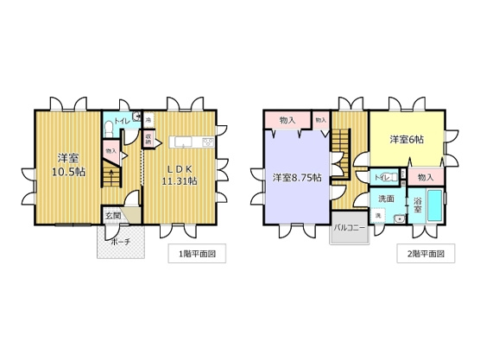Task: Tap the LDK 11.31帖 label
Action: pos(180,173)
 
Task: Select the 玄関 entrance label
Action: pos(113,215)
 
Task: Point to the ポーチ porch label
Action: pos(121,243)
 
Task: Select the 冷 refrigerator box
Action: pos(148,118)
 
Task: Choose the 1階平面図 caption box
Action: pos(196,254)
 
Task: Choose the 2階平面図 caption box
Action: pos(426,254)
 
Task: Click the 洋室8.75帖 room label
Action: pos(297,178)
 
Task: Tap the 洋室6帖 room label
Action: pos(407,138)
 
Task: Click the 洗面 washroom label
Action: pos(385,199)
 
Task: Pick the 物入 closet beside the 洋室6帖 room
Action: pos(425,177)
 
